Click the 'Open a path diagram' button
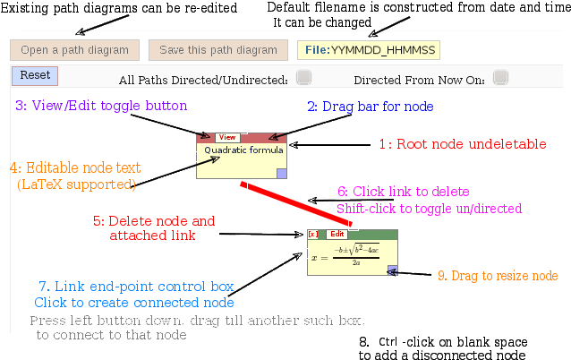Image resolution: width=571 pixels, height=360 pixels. [x=74, y=50]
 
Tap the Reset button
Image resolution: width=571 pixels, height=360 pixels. [x=35, y=76]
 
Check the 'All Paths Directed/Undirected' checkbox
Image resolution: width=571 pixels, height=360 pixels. [x=295, y=79]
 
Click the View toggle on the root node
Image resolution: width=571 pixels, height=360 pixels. [x=226, y=138]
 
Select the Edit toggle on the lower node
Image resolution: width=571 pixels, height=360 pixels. [x=337, y=234]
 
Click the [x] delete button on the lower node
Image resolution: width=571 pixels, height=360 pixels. [x=312, y=234]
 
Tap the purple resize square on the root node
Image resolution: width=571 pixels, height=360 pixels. [x=281, y=174]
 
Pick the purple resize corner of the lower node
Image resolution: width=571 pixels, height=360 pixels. [x=392, y=269]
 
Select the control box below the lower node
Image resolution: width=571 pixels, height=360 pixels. [x=354, y=281]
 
